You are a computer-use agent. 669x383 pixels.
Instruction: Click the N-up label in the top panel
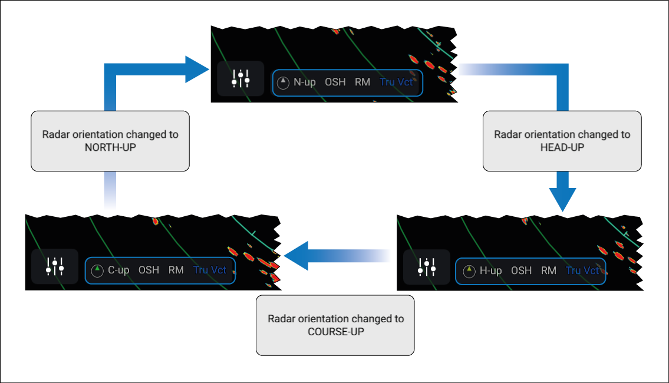[x=304, y=82]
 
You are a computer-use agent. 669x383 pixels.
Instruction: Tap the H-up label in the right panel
[x=490, y=270]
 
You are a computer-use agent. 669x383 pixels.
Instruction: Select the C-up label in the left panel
[x=118, y=270]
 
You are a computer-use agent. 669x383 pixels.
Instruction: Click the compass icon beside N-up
[x=283, y=82]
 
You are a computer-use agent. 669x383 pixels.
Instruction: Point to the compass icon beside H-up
[x=469, y=270]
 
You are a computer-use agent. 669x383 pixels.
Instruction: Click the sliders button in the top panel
[x=240, y=78]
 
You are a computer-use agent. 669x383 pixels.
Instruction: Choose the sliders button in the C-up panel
[x=55, y=267]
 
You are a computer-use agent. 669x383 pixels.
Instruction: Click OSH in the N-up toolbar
[x=335, y=82]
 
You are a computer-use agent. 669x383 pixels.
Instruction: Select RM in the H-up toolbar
[x=549, y=270]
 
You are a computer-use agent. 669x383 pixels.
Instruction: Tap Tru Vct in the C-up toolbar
[x=210, y=270]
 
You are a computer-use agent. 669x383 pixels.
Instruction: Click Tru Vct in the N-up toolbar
[x=396, y=82]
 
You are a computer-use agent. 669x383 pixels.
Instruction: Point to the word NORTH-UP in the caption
[x=110, y=147]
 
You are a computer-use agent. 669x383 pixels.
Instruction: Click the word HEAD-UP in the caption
[x=562, y=147]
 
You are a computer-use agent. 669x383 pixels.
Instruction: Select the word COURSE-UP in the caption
[x=336, y=332]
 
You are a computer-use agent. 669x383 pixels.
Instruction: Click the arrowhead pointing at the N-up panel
[x=196, y=70]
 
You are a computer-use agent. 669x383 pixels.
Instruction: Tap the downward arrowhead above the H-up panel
[x=562, y=199]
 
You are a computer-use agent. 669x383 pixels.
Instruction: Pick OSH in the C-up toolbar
[x=149, y=270]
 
